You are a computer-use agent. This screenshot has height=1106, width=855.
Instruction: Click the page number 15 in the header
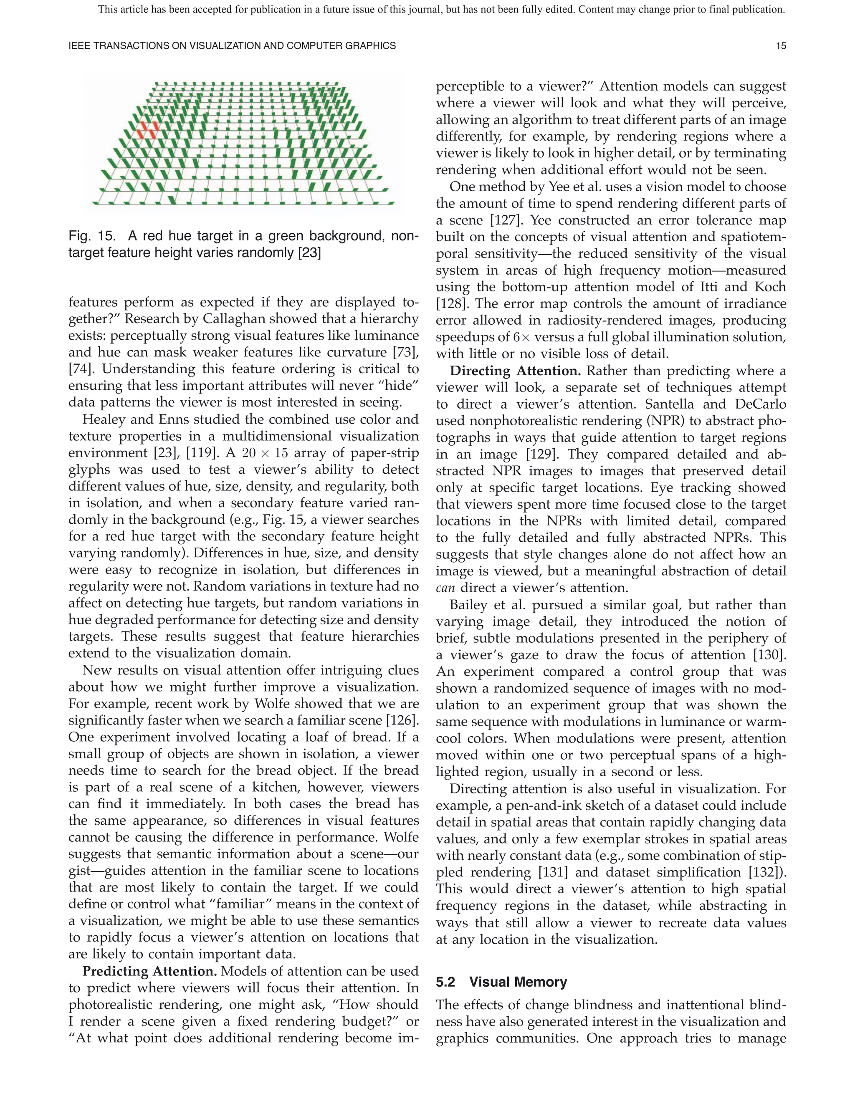click(781, 46)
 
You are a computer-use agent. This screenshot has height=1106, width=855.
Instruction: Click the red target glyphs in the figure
click(148, 130)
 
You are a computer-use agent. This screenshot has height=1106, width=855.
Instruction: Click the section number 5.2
click(446, 982)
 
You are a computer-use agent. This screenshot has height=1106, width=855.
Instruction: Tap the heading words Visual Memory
click(518, 982)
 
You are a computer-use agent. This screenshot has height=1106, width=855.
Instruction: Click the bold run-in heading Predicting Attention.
click(149, 971)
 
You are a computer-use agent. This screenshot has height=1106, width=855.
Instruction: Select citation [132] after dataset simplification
click(766, 872)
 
